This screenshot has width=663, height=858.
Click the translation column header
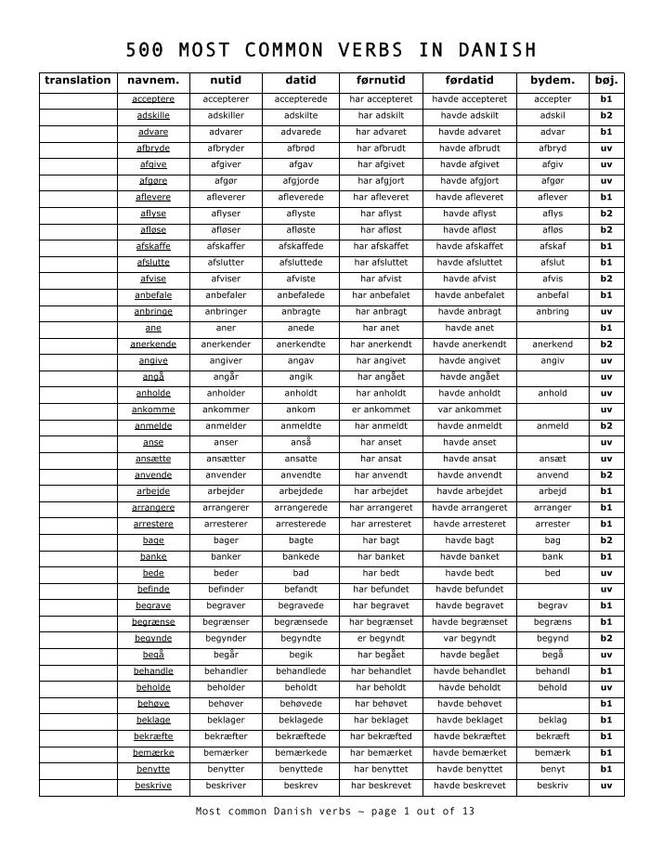[x=78, y=81]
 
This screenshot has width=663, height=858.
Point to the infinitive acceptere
[x=153, y=98]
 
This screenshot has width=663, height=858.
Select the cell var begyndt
[x=470, y=638]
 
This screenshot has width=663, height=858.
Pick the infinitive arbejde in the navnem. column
[x=153, y=490]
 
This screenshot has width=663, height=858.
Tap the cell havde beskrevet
[x=470, y=785]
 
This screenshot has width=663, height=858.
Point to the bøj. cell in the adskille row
[x=606, y=115]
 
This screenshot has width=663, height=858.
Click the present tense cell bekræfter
[x=226, y=735]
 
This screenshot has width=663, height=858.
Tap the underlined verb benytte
[x=153, y=769]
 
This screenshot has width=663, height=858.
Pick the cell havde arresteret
[x=470, y=523]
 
